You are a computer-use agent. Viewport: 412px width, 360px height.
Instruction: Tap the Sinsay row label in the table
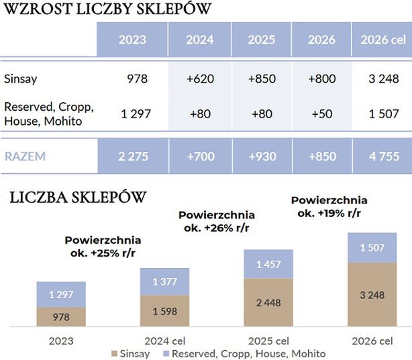[x=21, y=79]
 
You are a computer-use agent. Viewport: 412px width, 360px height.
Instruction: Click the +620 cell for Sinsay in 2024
[x=199, y=79]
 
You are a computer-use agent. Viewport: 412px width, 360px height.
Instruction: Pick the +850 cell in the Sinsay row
[x=261, y=79]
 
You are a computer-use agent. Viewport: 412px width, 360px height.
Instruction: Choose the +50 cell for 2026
[x=321, y=114]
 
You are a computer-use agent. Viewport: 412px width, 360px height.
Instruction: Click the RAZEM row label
[x=25, y=156]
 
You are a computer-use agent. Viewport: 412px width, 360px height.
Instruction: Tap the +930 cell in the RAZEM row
[x=261, y=156]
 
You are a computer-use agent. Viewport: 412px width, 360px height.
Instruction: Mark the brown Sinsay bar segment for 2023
[x=61, y=317]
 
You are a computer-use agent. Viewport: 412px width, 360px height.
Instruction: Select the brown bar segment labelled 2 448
[x=268, y=302]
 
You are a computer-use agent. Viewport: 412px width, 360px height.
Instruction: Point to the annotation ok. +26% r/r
[x=216, y=228]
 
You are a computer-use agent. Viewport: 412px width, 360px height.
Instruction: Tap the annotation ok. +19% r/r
[x=329, y=213]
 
